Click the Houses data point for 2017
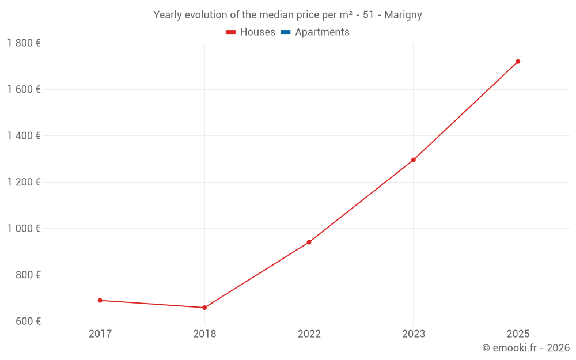(x=100, y=300)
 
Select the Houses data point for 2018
(x=204, y=308)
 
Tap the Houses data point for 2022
(x=309, y=242)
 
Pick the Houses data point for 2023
(x=414, y=160)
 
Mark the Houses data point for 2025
(x=518, y=62)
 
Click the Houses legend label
(x=257, y=32)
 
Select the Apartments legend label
(x=322, y=32)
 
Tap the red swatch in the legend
(x=231, y=32)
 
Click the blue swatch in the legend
(x=286, y=32)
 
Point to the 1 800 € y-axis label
(x=24, y=43)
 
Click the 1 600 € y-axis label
(x=24, y=89)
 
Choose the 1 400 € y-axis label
(x=24, y=135)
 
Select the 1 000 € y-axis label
(x=24, y=228)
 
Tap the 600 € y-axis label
(x=26, y=321)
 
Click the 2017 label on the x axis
(x=100, y=334)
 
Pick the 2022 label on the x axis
(x=309, y=334)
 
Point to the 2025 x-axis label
(x=518, y=334)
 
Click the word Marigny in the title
(x=403, y=15)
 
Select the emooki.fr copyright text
(x=526, y=348)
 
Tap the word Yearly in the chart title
(x=166, y=15)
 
